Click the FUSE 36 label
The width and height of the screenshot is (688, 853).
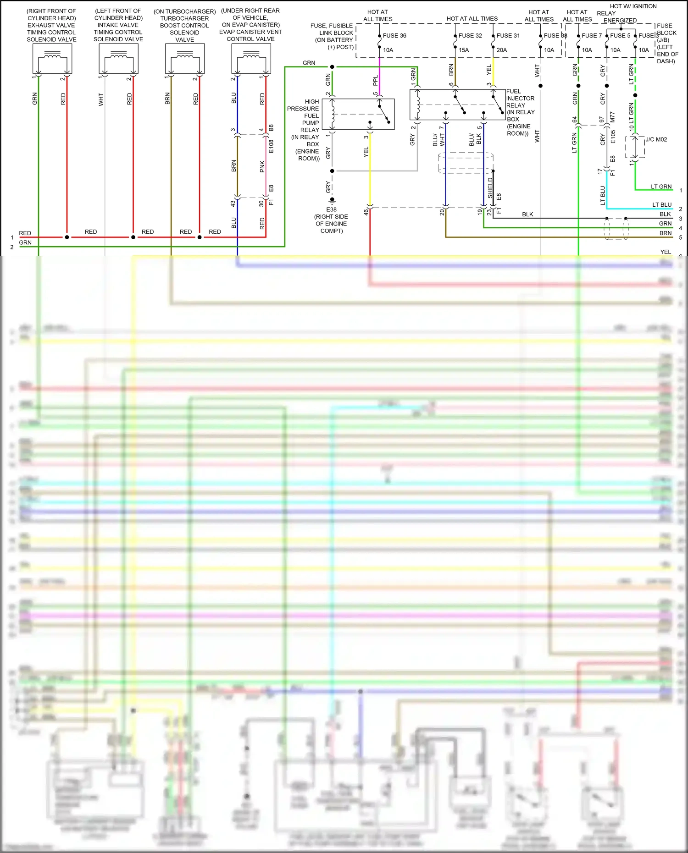394,36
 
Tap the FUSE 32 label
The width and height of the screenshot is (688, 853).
470,36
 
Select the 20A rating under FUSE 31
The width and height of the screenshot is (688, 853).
502,50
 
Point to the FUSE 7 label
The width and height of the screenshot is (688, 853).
591,36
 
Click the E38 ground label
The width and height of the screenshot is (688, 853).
331,209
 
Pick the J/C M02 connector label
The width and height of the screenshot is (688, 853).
656,140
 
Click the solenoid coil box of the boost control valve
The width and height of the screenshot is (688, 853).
185,59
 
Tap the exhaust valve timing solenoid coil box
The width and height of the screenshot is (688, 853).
52,59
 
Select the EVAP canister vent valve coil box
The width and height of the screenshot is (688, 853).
251,59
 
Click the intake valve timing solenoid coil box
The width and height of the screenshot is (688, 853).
119,59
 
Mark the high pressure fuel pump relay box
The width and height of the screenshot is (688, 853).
358,114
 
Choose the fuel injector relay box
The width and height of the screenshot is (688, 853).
457,105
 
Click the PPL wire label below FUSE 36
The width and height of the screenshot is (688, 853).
376,81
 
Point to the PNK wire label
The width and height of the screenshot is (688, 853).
262,166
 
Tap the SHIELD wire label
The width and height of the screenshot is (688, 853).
490,188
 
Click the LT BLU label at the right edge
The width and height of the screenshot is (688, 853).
662,205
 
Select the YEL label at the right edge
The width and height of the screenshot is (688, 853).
666,252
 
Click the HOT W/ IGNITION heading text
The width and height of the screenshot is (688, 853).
633,6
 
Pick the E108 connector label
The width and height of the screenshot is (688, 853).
271,147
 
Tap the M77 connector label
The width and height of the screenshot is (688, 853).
612,117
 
